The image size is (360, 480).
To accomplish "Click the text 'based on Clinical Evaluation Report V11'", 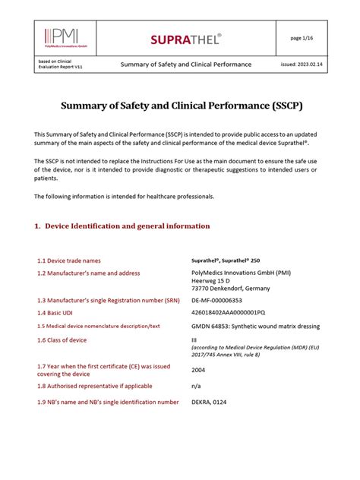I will click(60, 64).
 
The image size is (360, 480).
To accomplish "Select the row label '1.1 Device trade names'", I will click(73, 260).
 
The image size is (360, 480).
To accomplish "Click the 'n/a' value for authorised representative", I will click(196, 386).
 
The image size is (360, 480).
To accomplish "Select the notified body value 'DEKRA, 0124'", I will click(210, 402).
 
